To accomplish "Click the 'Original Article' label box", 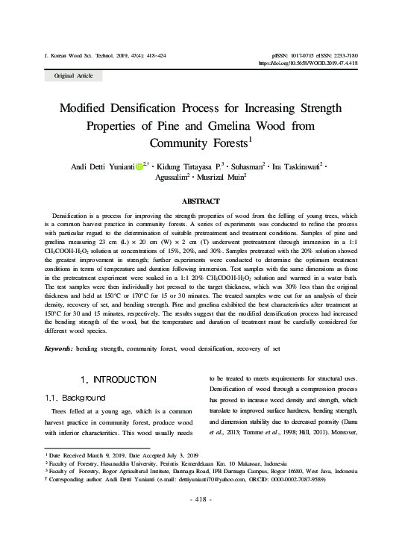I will [x=74, y=76].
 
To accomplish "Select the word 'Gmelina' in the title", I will [x=224, y=125].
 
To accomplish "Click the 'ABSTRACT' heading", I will [x=201, y=201].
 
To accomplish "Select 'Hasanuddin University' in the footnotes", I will [x=118, y=463].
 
